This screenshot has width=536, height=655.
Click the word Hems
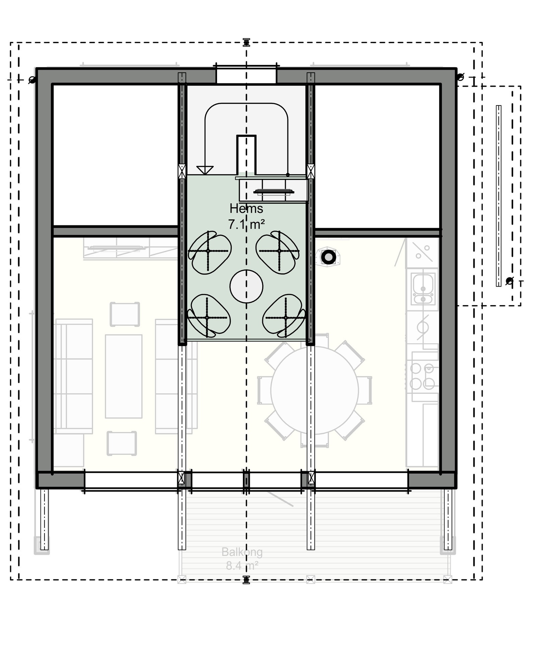246,208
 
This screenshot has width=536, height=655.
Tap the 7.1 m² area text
246,224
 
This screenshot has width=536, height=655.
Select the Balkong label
242,552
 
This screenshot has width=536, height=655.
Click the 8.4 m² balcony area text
242,566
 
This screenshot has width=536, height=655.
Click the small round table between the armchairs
246,286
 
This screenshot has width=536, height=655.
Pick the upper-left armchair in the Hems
209,252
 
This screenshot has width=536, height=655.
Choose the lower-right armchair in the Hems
284,315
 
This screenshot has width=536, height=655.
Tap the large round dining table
314,390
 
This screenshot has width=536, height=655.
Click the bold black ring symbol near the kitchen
328,257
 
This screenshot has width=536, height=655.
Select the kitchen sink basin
423,285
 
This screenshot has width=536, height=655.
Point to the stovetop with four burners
422,376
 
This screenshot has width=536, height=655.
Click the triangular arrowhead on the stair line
205,170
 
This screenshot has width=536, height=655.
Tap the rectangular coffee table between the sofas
124,376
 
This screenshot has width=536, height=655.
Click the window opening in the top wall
246,74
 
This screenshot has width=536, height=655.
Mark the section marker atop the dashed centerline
246,42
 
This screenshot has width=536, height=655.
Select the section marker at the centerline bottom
246,580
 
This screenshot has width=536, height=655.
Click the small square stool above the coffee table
125,314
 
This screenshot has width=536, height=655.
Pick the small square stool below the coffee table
122,443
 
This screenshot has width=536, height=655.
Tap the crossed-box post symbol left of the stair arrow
182,171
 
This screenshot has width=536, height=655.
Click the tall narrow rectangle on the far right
498,196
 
